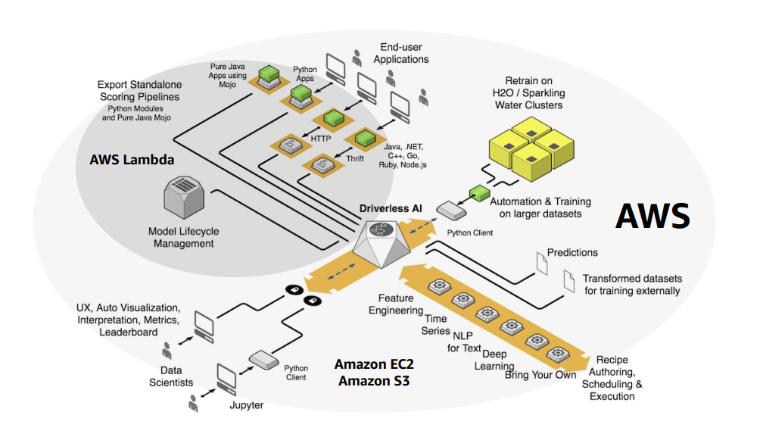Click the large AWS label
point(652,216)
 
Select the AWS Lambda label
point(132,160)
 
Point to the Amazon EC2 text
point(374,364)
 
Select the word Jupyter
point(246,405)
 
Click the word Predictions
point(572,253)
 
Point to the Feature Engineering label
point(396,304)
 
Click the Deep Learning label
point(494,360)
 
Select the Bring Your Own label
point(540,375)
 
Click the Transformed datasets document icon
point(569,283)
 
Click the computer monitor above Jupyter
point(227,376)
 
